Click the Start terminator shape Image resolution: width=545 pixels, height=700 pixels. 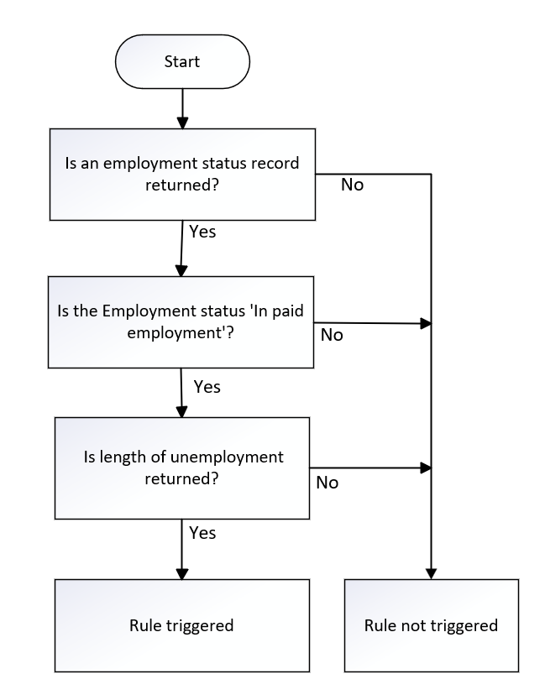click(182, 61)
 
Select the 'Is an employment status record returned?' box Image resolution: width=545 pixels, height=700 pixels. click(182, 175)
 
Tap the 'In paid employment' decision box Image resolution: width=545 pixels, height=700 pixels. click(181, 322)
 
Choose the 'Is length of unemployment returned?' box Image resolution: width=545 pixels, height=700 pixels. click(182, 468)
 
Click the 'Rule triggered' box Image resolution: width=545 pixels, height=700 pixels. click(182, 625)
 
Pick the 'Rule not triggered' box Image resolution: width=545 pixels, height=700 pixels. click(432, 625)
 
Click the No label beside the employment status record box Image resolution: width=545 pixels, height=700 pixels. click(353, 185)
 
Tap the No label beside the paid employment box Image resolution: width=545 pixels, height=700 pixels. click(332, 335)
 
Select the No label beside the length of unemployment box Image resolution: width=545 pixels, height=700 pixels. click(328, 483)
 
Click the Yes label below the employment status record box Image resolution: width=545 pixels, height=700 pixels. click(202, 232)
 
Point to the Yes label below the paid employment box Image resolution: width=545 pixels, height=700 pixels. click(207, 387)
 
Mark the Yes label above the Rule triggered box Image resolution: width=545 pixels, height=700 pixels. click(202, 533)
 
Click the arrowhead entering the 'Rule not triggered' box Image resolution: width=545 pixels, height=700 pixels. click(431, 573)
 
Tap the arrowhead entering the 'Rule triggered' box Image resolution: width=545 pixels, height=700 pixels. click(182, 573)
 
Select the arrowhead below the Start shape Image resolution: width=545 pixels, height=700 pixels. click(182, 123)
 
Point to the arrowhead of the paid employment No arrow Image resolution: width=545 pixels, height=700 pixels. click(426, 323)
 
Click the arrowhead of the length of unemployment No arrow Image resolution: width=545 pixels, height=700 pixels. click(426, 468)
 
